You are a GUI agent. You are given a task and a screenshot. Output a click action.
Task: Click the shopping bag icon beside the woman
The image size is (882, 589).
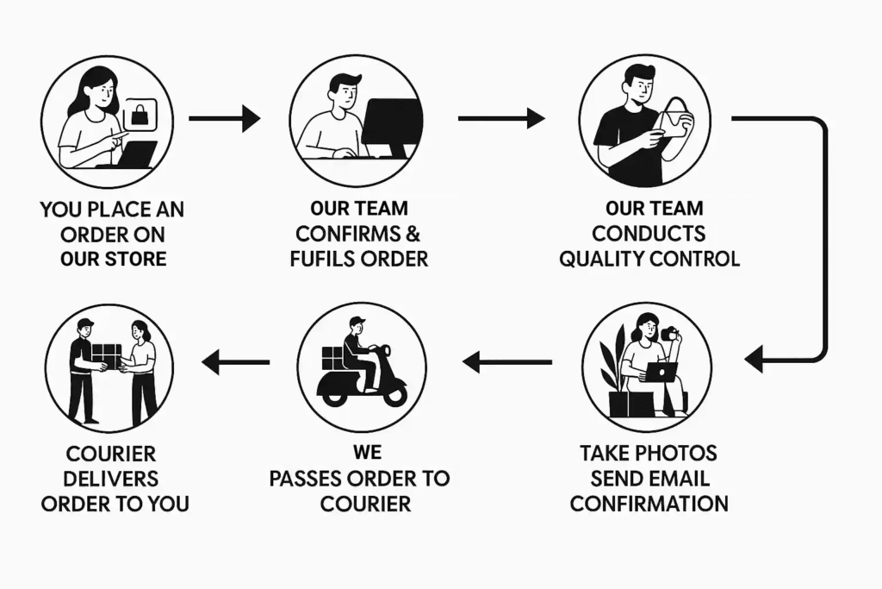click(x=138, y=115)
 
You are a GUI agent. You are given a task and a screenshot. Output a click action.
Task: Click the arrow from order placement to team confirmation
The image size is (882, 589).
click(x=224, y=118)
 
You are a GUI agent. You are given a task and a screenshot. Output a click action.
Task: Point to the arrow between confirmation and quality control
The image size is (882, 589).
click(x=500, y=118)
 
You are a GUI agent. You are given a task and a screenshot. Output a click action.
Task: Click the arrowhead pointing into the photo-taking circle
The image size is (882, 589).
click(x=755, y=358)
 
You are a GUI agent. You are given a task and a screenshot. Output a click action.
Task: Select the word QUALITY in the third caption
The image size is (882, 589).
click(x=602, y=258)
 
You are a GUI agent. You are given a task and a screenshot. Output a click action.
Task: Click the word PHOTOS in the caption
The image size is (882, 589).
click(x=675, y=453)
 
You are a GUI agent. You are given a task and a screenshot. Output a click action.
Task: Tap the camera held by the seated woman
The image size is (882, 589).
click(x=669, y=333)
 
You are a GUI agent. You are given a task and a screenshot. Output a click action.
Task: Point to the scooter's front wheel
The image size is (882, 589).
click(x=394, y=393)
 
